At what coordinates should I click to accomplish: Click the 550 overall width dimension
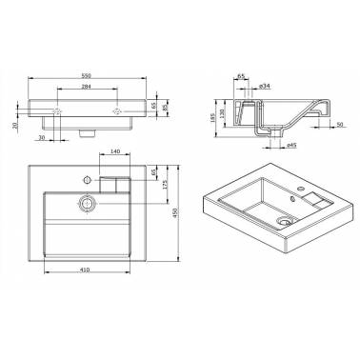tap(87, 73)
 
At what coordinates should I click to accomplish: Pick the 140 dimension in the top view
tap(114, 152)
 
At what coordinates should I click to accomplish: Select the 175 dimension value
tap(166, 184)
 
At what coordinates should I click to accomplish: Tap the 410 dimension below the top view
tap(87, 270)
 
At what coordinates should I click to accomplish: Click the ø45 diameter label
tap(291, 145)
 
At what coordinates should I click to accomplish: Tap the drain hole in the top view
tap(87, 202)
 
